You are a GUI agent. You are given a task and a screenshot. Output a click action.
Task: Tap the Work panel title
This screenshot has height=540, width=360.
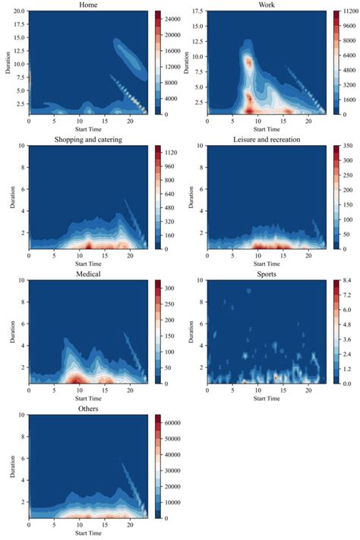pos(267,5)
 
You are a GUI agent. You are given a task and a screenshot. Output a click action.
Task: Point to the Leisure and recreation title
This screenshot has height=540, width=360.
pos(267,139)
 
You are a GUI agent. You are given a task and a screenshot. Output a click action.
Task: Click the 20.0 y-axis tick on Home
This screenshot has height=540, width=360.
pos(19,11)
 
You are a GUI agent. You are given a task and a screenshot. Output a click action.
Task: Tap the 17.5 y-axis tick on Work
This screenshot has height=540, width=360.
pos(198,11)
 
